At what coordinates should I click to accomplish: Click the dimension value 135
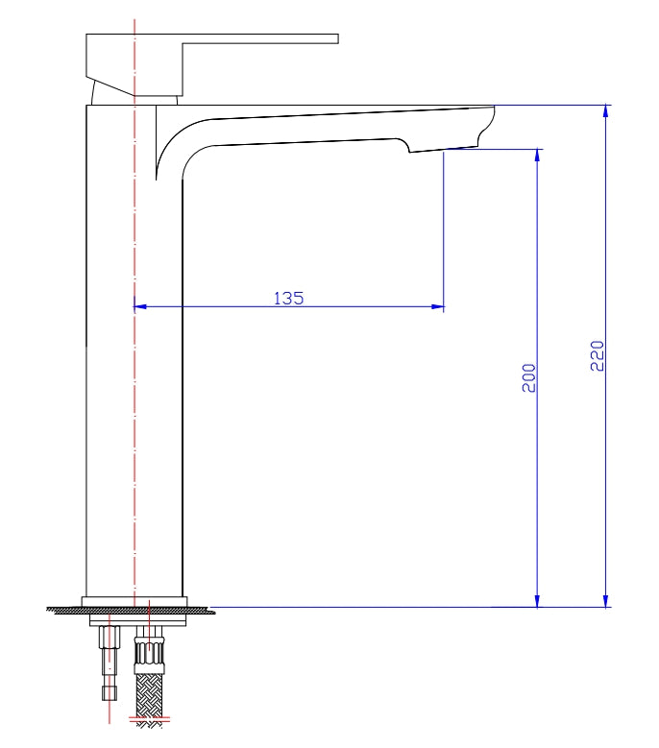288,298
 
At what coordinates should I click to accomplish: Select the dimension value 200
528,378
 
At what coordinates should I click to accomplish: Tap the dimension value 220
597,356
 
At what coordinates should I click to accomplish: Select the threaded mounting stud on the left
110,653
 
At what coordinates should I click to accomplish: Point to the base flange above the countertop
134,602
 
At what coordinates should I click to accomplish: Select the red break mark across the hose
150,718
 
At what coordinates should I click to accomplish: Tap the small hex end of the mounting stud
110,692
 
